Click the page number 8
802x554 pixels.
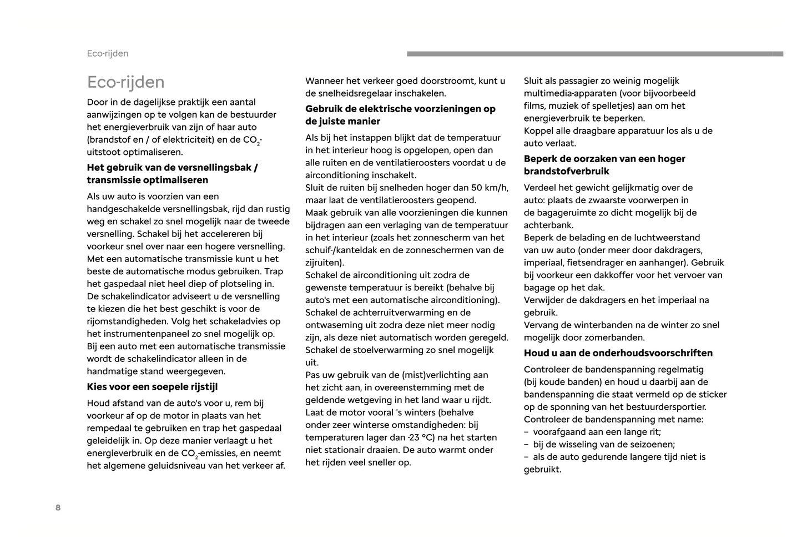(58, 507)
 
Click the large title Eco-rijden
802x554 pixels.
(125, 82)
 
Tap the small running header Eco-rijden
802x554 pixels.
(108, 53)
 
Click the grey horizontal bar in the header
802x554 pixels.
(594, 54)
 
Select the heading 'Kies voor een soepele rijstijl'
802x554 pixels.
(152, 387)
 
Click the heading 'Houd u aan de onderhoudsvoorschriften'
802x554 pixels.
(618, 353)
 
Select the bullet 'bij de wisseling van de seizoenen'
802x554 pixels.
(604, 445)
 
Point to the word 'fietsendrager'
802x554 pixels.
(595, 263)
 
